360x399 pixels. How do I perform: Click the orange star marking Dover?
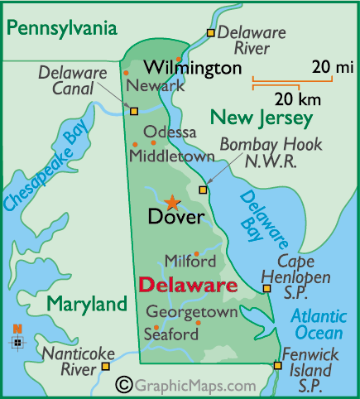coord(172,201)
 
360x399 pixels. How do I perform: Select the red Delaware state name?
coord(187,286)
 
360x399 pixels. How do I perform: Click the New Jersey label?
coord(261,118)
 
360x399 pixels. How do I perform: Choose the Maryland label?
coord(87,304)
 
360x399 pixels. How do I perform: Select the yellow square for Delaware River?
coord(211,33)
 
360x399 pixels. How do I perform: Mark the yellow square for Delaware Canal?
coord(134,108)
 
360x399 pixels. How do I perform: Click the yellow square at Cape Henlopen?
coord(266,288)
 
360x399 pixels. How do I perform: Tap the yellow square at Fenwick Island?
coord(276,365)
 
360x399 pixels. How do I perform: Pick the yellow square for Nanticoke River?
coord(105,364)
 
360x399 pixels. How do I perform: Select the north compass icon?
coord(17,339)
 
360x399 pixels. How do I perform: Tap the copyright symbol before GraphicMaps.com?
coord(124,385)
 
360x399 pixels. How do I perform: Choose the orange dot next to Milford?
coord(196,253)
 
